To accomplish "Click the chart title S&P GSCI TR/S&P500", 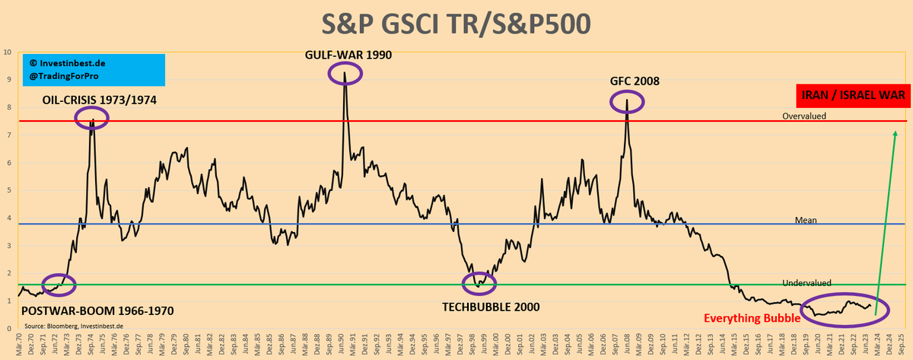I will click(x=456, y=23).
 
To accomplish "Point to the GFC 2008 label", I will click(x=634, y=81).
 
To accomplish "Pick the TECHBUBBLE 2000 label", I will click(x=491, y=307).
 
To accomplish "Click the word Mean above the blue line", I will click(x=805, y=220).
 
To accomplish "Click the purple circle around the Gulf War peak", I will click(x=345, y=73).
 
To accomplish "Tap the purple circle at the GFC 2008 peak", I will click(x=627, y=100).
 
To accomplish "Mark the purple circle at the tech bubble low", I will click(x=479, y=284).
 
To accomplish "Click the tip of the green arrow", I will click(x=895, y=132).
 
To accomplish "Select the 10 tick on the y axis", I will click(x=8, y=53).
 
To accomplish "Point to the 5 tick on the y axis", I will click(x=8, y=190).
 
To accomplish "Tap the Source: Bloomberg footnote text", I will click(x=73, y=325).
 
